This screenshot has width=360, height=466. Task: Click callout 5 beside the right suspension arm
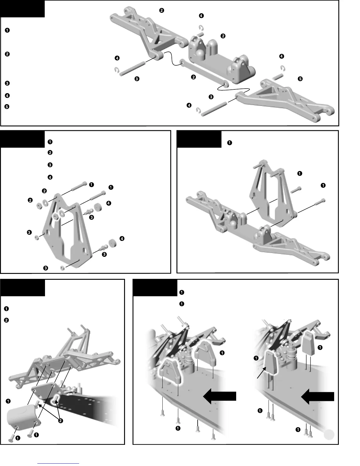tap(300, 79)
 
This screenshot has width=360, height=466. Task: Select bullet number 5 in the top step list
tap(7, 107)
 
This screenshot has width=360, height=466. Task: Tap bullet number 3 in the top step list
tap(7, 83)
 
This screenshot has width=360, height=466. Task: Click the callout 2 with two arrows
tap(60, 421)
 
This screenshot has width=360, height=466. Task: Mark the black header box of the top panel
tap(22, 9)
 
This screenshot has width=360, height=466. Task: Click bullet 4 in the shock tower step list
tap(50, 177)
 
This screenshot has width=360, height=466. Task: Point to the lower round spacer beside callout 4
tap(112, 243)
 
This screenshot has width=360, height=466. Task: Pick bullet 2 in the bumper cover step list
tap(7, 320)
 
